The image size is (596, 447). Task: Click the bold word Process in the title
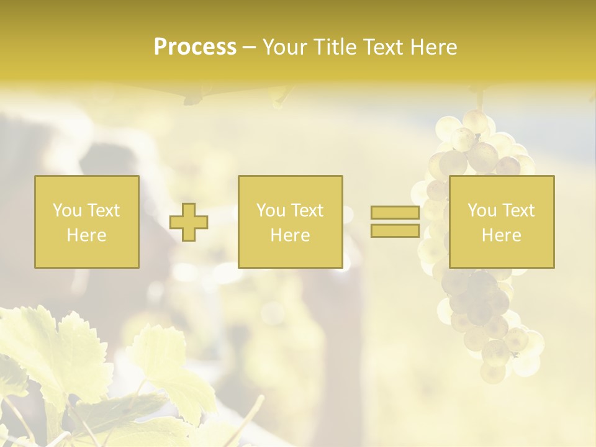[195, 47]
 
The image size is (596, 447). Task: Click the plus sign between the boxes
[189, 222]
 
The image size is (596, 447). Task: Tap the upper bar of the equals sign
[395, 213]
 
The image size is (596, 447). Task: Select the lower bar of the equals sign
[395, 230]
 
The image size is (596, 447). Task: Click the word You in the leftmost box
[67, 210]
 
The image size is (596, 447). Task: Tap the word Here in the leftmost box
[86, 235]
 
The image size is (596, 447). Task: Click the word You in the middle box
[271, 210]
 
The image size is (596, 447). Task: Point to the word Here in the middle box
[290, 235]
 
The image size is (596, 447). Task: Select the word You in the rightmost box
[482, 210]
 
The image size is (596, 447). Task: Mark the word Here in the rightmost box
[501, 235]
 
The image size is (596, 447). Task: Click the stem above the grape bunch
[479, 99]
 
